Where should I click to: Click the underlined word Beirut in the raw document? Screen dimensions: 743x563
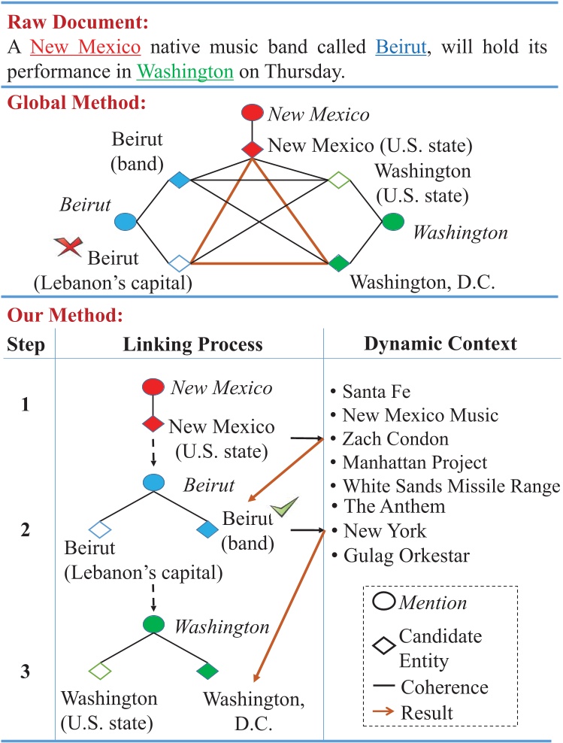[x=401, y=47]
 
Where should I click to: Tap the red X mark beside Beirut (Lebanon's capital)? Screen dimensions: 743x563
[x=69, y=246]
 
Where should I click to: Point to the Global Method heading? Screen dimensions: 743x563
[x=76, y=102]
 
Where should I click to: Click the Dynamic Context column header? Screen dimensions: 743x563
[x=440, y=344]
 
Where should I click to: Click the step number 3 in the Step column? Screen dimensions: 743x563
[x=26, y=672]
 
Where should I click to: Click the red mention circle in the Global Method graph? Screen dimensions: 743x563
[x=252, y=114]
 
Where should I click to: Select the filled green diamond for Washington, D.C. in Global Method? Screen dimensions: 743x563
[x=339, y=263]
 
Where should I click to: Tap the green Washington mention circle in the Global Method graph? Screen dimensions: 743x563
[x=392, y=222]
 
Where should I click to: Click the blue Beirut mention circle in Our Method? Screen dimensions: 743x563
[x=153, y=482]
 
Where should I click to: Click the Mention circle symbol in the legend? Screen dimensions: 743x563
[x=386, y=602]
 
